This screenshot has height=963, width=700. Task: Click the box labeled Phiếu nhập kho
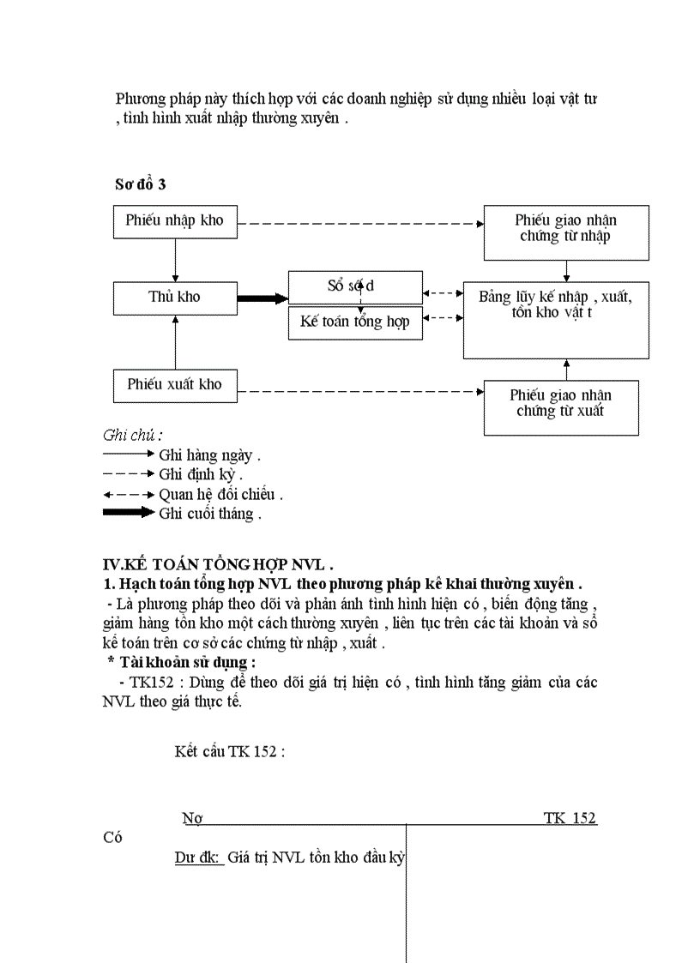click(x=175, y=221)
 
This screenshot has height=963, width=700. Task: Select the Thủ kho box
click(x=175, y=298)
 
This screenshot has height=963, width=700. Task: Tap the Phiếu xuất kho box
click(x=175, y=385)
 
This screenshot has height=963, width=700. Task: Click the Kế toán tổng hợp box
click(x=355, y=322)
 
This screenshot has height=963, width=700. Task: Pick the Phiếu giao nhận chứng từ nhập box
click(x=565, y=232)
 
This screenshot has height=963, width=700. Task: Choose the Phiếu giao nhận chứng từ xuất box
click(x=560, y=406)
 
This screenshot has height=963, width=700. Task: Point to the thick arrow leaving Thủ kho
click(x=262, y=298)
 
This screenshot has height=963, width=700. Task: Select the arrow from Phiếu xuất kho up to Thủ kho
click(x=175, y=341)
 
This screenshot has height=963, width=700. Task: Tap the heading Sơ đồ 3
click(x=140, y=184)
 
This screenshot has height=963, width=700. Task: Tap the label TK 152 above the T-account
click(x=569, y=818)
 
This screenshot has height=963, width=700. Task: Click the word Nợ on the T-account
click(x=191, y=818)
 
